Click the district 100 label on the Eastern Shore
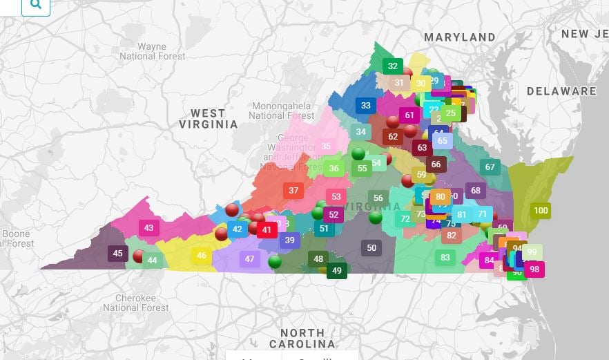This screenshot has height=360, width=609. [541, 211]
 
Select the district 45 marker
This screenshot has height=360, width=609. [117, 254]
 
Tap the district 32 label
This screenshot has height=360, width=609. [393, 66]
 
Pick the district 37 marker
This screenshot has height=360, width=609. [293, 191]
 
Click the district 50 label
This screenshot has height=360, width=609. [371, 248]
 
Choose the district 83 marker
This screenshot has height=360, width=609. [445, 258]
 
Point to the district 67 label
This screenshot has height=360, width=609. [490, 167]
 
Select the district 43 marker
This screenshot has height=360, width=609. [149, 227]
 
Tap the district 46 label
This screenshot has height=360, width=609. [202, 256]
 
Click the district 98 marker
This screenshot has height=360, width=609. [534, 269]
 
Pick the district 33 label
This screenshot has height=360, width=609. [366, 106]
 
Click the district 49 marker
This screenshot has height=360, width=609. [337, 271]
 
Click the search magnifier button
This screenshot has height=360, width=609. [36, 6]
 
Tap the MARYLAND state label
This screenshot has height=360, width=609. [459, 37]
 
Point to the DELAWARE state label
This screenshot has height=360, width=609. [561, 91]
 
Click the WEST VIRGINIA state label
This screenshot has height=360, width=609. [209, 119]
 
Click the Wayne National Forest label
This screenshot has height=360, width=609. [153, 51]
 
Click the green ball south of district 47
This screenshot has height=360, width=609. [275, 261]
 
